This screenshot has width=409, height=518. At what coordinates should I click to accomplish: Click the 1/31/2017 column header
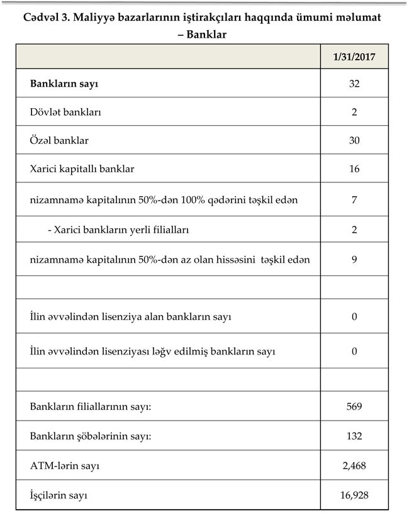(x=354, y=57)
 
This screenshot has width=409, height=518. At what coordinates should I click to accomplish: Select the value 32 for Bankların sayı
(x=354, y=84)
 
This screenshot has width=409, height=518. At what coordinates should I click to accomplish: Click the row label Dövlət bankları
(x=65, y=113)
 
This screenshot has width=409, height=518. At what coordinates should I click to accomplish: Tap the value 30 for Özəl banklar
(x=354, y=140)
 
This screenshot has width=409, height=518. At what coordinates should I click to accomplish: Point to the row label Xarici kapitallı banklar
(x=82, y=169)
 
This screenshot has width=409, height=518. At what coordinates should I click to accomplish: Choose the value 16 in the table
(x=354, y=169)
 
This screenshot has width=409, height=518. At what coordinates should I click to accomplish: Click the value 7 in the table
(x=354, y=200)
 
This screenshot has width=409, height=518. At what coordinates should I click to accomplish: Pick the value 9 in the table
(x=354, y=258)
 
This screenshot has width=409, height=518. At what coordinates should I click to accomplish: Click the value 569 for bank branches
(x=354, y=407)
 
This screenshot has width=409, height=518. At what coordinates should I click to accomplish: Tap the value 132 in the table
(x=354, y=436)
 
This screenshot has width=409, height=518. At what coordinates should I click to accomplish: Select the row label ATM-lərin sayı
(x=65, y=466)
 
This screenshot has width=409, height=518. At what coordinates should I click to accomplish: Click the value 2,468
(x=354, y=466)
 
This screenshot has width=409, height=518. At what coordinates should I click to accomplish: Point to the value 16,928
(x=354, y=495)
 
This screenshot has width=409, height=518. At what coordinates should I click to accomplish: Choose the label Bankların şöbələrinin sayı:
(x=92, y=436)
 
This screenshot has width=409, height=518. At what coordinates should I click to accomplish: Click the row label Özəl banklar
(x=59, y=140)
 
